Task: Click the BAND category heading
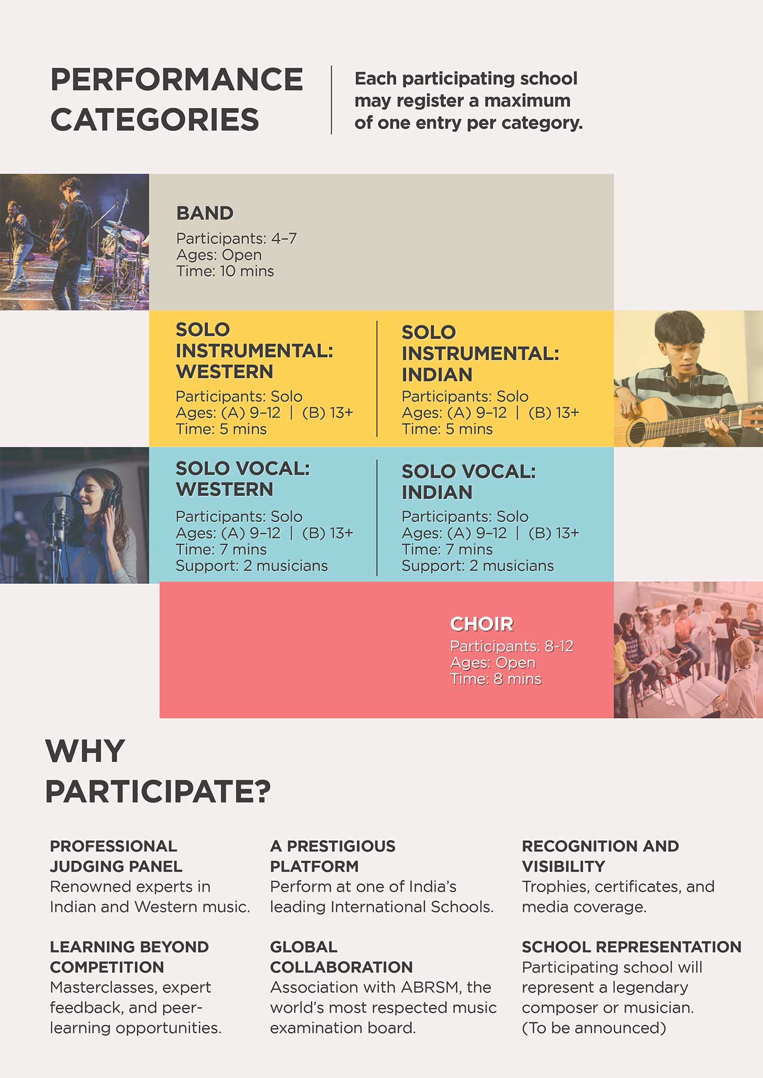click(205, 213)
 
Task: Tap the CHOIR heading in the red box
click(482, 624)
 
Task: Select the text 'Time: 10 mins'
click(225, 271)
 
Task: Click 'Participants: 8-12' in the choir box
click(512, 646)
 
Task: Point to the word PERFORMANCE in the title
click(177, 79)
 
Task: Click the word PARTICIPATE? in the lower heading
click(158, 791)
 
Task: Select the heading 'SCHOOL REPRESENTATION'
click(632, 947)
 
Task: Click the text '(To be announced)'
click(594, 1027)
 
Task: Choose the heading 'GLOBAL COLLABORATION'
click(342, 957)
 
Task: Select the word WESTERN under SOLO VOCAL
click(225, 490)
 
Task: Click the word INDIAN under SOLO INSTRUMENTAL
click(437, 374)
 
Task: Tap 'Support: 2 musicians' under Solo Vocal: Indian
click(478, 565)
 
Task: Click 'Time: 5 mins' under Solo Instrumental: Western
click(221, 429)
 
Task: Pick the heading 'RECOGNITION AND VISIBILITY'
click(600, 856)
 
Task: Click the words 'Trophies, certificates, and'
click(618, 887)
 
